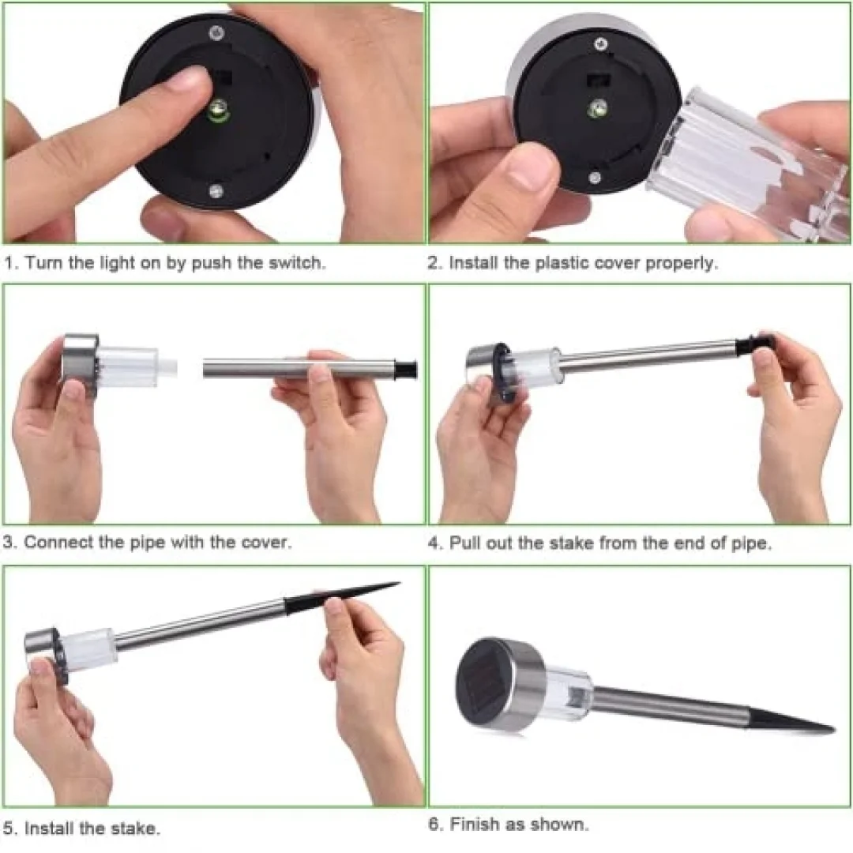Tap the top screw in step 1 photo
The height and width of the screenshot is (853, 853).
[x=217, y=33]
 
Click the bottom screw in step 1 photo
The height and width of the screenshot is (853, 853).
[x=216, y=190]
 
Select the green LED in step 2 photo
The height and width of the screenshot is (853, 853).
[x=598, y=109]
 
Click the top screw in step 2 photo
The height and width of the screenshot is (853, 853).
[x=600, y=44]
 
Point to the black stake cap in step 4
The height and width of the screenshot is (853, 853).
[x=754, y=344]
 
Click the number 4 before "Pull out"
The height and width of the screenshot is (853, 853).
[x=434, y=543]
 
